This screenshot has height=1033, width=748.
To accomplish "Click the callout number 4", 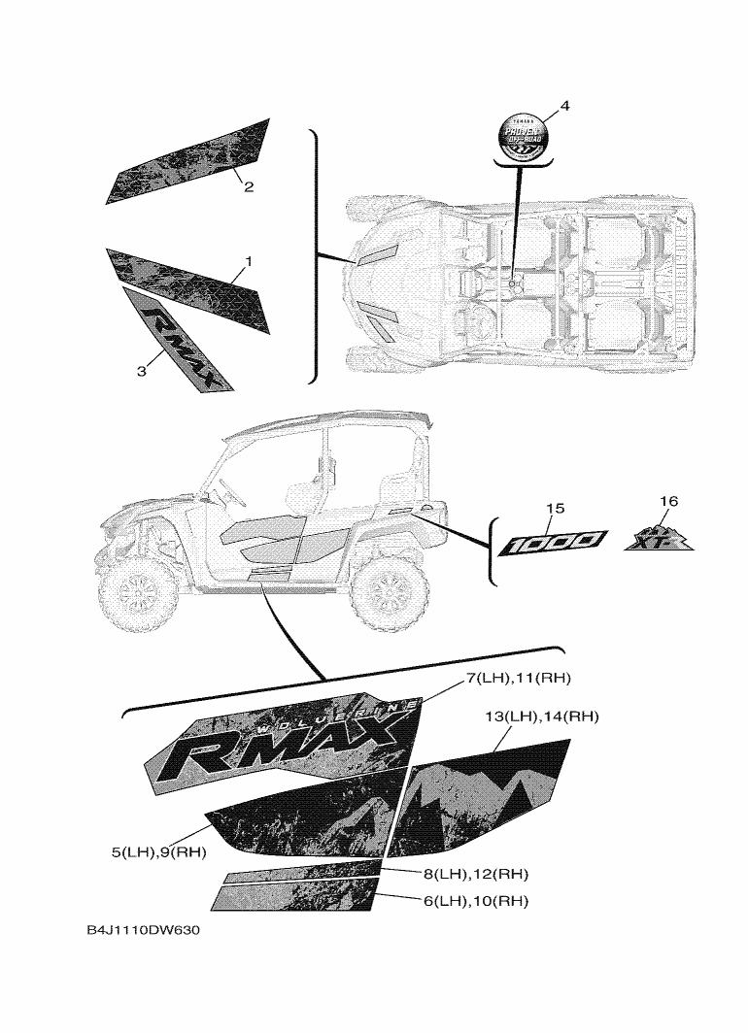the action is (x=564, y=106).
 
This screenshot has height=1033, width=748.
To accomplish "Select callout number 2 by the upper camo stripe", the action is (x=249, y=186).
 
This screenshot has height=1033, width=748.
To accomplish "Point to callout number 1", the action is (x=249, y=261).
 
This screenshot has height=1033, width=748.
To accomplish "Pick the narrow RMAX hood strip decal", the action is (x=179, y=340).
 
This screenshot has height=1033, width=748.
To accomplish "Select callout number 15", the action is (x=555, y=508).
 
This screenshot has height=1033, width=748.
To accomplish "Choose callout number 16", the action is (x=667, y=501).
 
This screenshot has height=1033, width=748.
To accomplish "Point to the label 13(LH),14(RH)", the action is (x=541, y=716).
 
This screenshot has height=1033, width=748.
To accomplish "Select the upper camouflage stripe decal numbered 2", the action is (x=189, y=162).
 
